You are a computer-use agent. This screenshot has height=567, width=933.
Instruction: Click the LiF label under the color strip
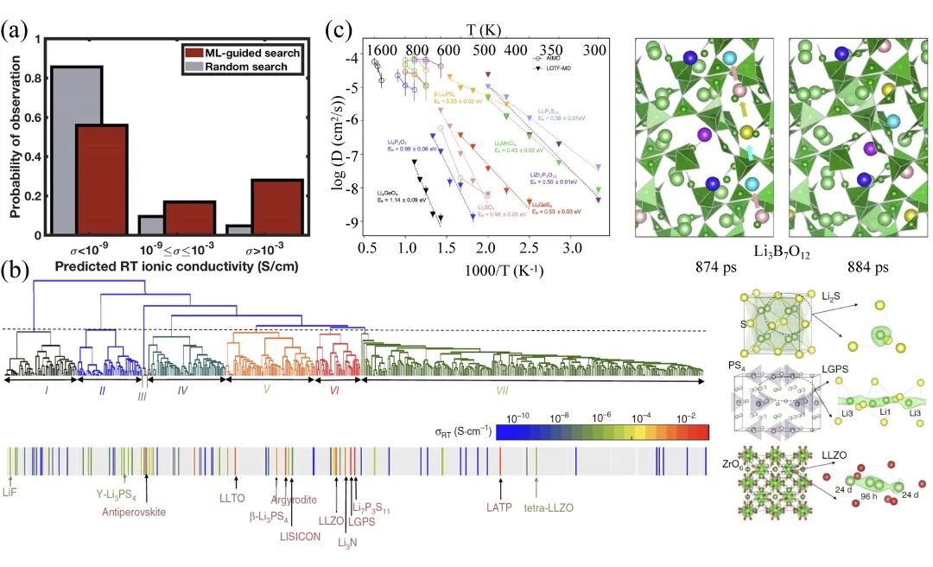coord(10,492)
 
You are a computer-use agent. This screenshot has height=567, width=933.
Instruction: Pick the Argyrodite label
coord(293,500)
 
